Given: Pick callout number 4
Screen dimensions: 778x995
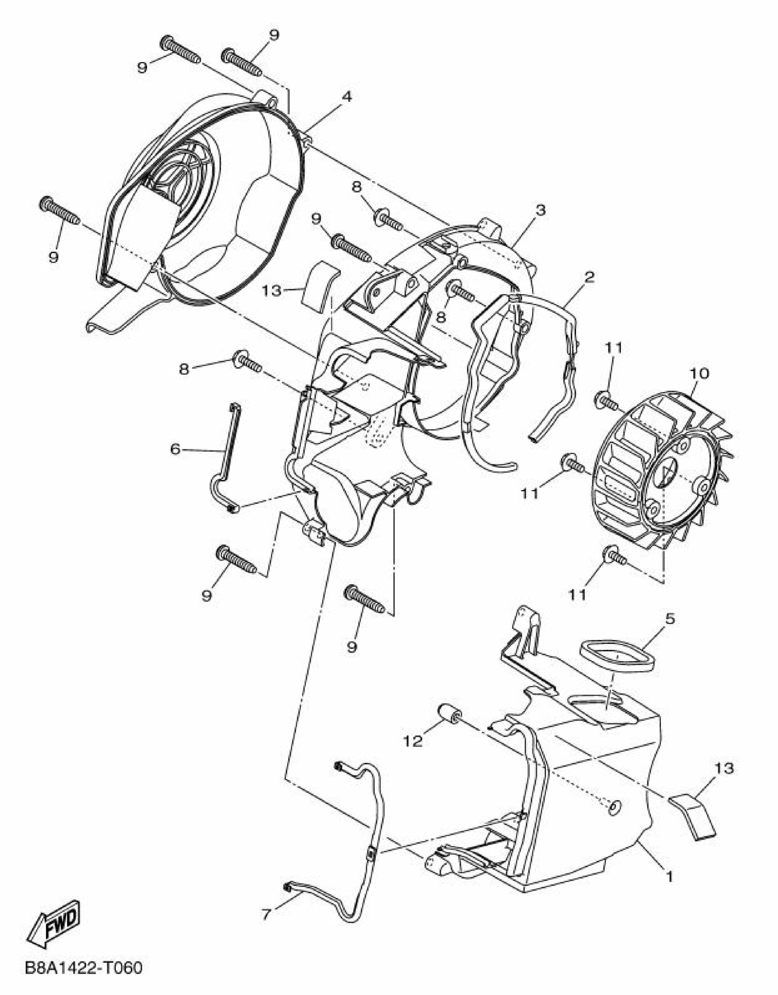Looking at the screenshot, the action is click(x=347, y=96).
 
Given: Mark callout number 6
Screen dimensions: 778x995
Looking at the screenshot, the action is click(x=175, y=449).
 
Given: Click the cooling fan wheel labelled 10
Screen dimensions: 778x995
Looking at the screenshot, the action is click(x=667, y=466).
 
